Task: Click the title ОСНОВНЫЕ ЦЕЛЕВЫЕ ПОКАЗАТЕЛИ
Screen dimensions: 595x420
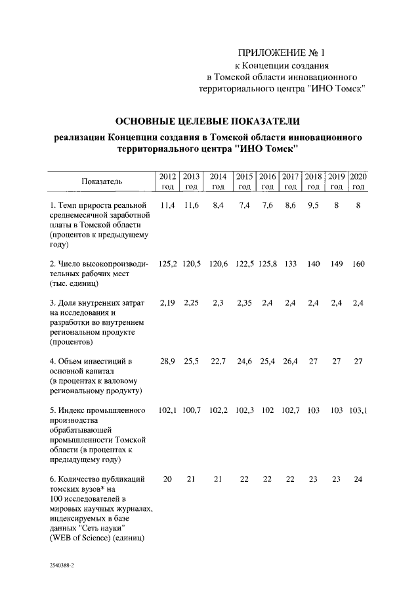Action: point(207,122)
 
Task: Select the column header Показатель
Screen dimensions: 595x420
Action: point(102,181)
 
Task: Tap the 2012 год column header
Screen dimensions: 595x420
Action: point(167,181)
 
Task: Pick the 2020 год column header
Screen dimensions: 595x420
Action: point(358,181)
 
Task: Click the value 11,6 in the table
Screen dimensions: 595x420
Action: point(191,205)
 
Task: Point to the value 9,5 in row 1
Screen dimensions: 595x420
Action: point(313,205)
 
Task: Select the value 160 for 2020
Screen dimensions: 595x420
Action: point(358,264)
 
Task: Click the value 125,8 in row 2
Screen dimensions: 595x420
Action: point(267,264)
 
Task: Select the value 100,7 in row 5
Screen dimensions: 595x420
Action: point(191,410)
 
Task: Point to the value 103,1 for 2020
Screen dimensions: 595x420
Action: point(358,410)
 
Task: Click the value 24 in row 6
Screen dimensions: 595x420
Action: point(358,479)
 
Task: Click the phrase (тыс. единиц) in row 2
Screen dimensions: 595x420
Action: point(73,283)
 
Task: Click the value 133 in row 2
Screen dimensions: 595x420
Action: point(290,264)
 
